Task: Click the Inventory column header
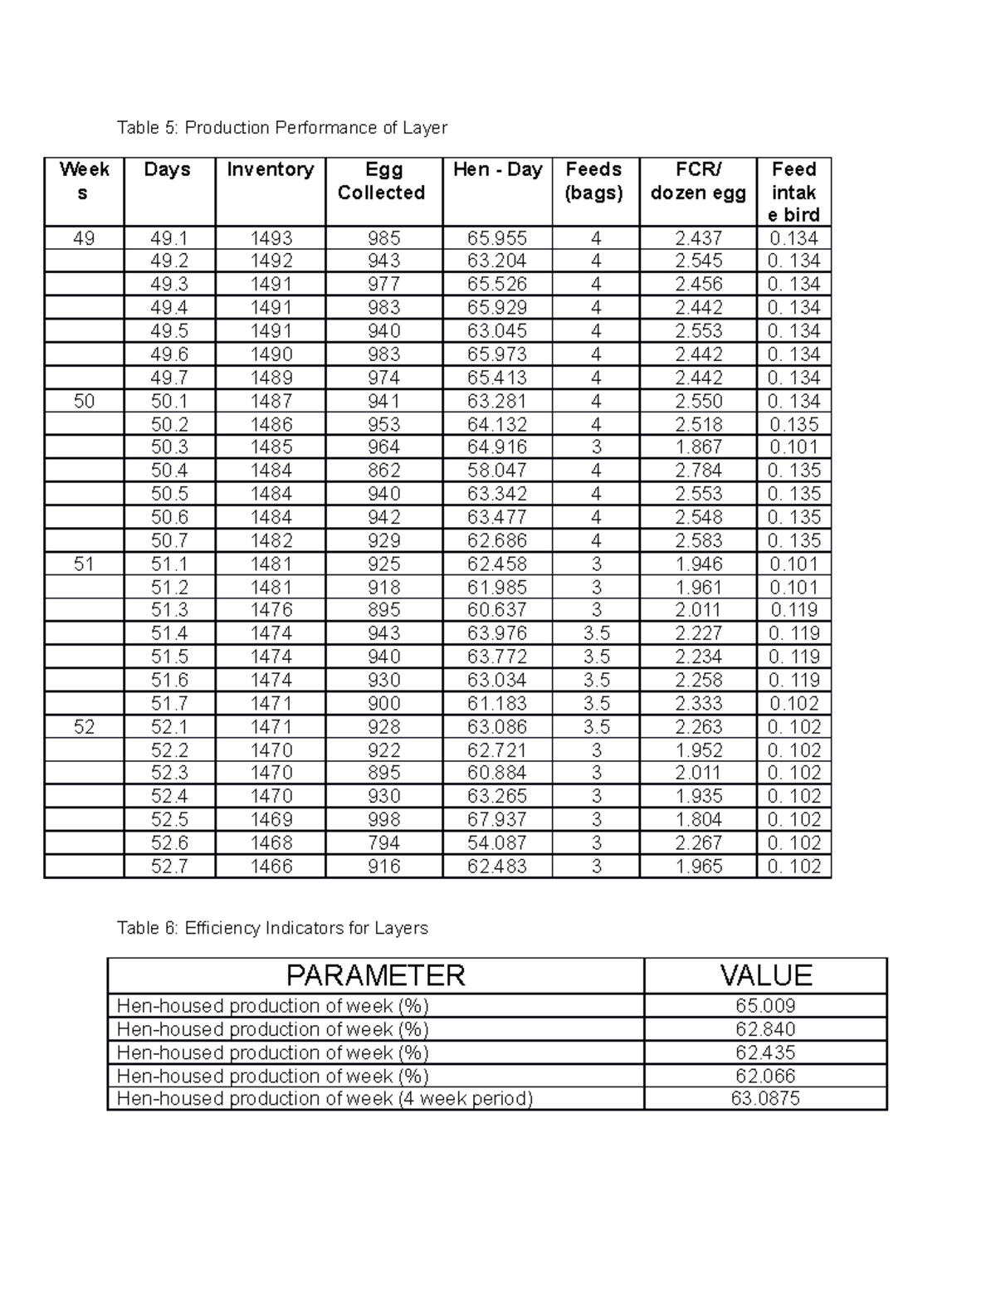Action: [270, 170]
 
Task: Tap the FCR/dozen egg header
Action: [698, 181]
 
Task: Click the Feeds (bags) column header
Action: [593, 181]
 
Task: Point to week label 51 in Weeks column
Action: [84, 564]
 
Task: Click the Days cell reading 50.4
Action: [169, 471]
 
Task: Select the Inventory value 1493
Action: [271, 238]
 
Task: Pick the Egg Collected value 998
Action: [383, 820]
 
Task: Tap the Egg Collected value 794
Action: [383, 843]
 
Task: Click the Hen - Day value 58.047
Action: [497, 471]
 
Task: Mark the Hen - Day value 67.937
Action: [497, 820]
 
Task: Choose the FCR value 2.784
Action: [699, 471]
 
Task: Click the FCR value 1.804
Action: [699, 820]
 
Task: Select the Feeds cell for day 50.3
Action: [595, 447]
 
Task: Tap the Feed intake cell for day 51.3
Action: [794, 611]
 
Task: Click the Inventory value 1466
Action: [271, 867]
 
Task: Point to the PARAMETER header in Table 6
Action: [375, 975]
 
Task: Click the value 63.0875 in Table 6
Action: [765, 1099]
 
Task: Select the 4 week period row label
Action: [325, 1099]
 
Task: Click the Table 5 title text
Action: [282, 128]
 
